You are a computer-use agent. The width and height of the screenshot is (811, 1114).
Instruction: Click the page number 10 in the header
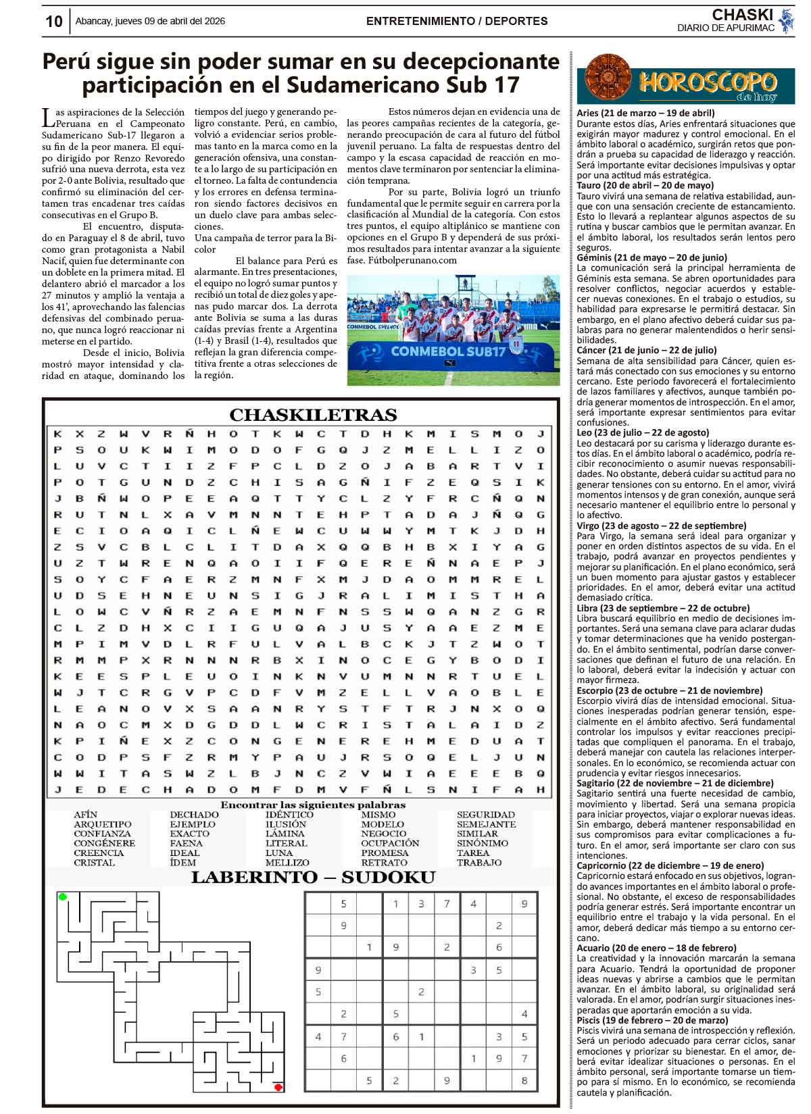tap(53, 22)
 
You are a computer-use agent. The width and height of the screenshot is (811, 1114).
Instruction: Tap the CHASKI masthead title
tap(742, 15)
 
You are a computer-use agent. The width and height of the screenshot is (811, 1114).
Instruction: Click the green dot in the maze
tap(63, 896)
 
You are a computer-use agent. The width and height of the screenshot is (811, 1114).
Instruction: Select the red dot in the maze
tap(278, 1087)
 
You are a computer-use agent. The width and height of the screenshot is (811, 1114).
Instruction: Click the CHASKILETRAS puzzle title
tap(313, 415)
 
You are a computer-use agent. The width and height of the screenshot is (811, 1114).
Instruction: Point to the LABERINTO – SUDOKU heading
tap(313, 878)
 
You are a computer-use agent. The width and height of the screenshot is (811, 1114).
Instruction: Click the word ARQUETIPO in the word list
tap(103, 824)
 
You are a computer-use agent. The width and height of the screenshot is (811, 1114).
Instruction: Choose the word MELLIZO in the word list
tap(287, 863)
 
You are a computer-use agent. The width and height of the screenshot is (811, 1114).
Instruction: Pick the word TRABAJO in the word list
tap(479, 863)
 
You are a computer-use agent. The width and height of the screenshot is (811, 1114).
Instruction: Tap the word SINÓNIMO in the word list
tap(483, 843)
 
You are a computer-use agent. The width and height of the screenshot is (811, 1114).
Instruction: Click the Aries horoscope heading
tap(645, 113)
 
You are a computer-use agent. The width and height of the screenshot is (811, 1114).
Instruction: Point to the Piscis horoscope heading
tap(652, 1020)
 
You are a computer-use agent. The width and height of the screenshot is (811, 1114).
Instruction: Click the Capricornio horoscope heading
tap(670, 865)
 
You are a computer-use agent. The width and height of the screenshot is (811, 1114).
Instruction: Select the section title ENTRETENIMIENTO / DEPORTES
tap(457, 22)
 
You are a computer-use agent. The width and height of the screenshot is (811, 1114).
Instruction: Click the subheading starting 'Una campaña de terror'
tap(265, 238)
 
